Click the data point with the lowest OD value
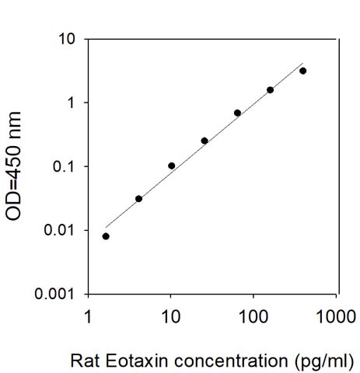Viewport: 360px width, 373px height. [x=106, y=236]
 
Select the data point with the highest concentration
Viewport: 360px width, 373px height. [x=302, y=71]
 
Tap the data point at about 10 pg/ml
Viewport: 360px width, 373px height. [x=171, y=166]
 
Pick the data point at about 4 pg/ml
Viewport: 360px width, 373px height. [x=138, y=199]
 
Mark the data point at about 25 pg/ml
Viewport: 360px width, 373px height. [x=204, y=141]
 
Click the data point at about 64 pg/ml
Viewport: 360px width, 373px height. [x=237, y=113]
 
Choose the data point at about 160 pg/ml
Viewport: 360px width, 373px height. [x=270, y=90]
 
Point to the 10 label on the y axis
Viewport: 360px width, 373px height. [x=66, y=39]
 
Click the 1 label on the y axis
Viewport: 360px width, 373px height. [x=70, y=103]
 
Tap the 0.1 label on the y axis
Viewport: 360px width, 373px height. [x=64, y=166]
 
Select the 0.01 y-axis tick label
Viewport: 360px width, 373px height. [x=59, y=230]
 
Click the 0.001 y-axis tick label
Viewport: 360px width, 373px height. [x=54, y=294]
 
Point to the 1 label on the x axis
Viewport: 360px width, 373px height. [x=89, y=316]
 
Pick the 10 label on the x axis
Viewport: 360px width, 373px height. [x=171, y=316]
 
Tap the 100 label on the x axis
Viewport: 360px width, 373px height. [x=253, y=316]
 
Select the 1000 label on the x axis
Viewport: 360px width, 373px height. [x=336, y=316]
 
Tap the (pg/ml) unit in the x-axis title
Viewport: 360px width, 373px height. [x=324, y=361]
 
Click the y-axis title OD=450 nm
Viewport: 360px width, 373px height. [x=13, y=166]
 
